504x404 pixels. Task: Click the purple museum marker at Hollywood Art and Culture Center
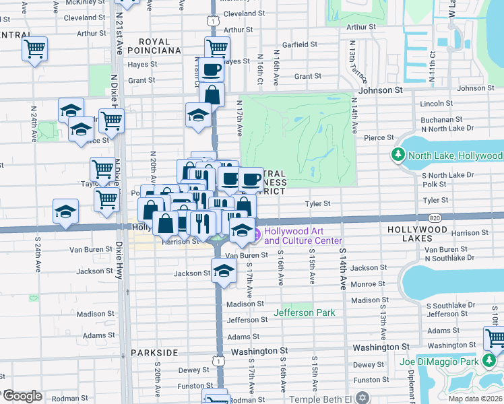point(256,234)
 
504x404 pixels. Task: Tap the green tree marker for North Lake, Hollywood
point(398,156)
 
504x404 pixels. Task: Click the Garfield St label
point(299,44)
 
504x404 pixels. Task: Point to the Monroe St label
point(368,284)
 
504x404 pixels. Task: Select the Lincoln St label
point(436,104)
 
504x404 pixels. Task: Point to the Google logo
point(22,395)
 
